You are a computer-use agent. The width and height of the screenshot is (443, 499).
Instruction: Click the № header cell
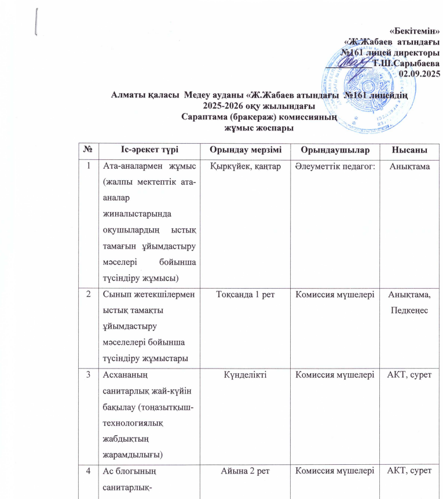(89, 150)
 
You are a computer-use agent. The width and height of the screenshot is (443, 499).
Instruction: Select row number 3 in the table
(89, 375)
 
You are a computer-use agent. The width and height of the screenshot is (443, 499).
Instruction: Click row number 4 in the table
(89, 471)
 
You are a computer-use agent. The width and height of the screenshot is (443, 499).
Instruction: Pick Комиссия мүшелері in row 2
(335, 294)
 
